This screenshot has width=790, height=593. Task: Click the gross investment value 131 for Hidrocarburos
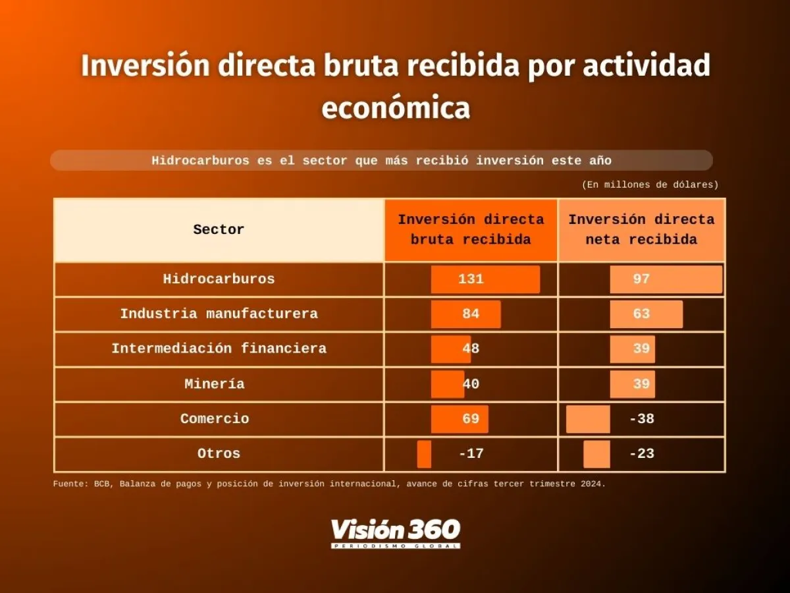point(471,279)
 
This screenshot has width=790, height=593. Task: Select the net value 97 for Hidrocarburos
point(641,279)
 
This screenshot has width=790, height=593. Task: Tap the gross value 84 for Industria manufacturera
point(471,314)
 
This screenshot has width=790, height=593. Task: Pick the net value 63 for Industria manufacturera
point(641,314)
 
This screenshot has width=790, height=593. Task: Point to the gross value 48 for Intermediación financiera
point(471,349)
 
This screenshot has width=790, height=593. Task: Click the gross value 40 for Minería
point(471,384)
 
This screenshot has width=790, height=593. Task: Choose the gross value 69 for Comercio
point(471,419)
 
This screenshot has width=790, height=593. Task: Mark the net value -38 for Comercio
point(641,419)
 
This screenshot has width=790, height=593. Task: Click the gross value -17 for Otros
point(471,454)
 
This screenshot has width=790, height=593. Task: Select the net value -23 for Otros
point(641,454)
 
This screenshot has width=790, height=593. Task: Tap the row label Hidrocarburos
point(219,279)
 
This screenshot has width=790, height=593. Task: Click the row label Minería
point(215,384)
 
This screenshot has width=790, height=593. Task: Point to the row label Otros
point(219,454)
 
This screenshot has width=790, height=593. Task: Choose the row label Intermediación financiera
point(219,349)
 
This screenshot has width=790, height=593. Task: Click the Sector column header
point(219,230)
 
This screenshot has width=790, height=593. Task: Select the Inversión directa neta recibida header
point(641,230)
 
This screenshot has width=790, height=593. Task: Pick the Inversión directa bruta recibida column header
point(471,230)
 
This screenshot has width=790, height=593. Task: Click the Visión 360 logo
point(395,532)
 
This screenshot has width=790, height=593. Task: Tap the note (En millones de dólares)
point(650,185)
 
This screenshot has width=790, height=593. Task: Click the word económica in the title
point(395,108)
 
